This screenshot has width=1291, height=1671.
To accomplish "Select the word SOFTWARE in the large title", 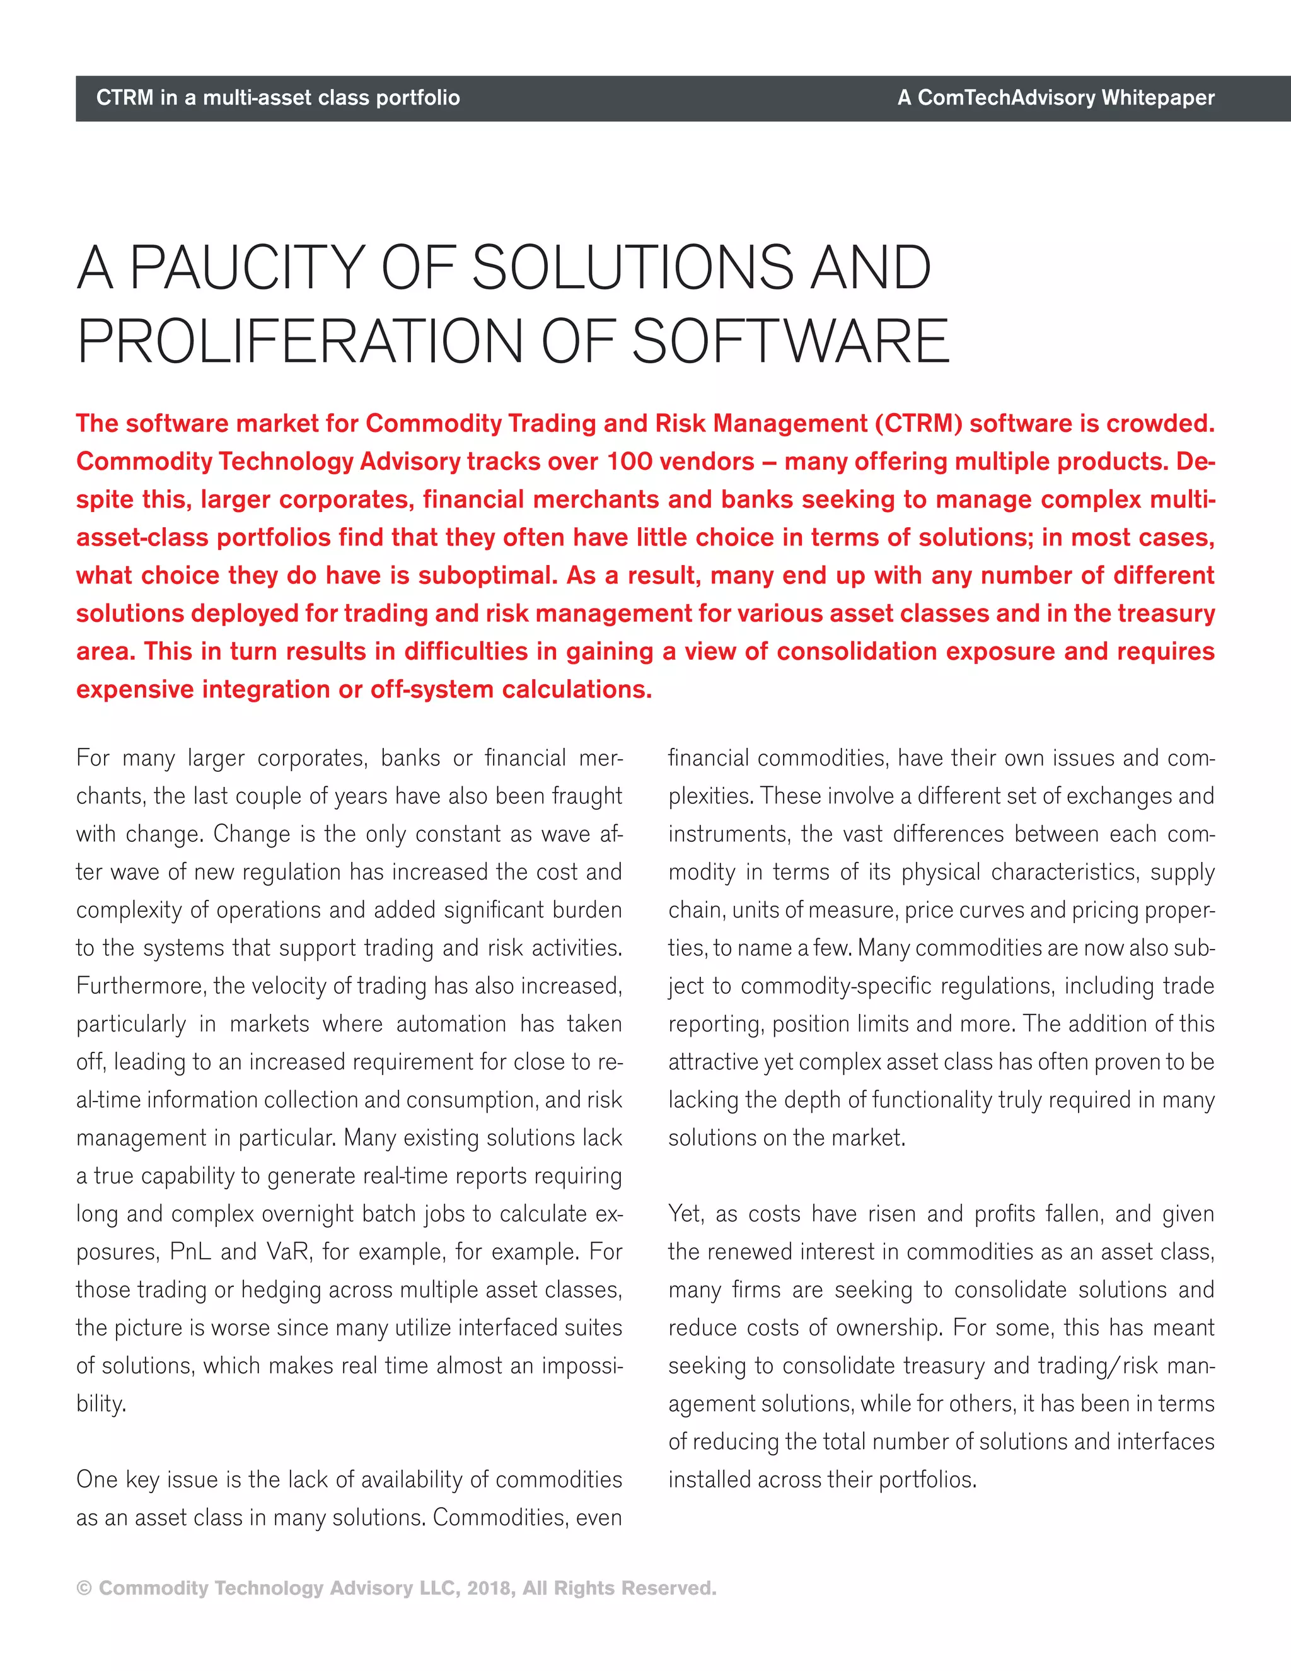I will click(x=789, y=342).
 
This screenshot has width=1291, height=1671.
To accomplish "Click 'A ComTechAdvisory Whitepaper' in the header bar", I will click(x=1055, y=98).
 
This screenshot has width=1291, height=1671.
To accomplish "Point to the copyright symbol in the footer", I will click(x=84, y=1588).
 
